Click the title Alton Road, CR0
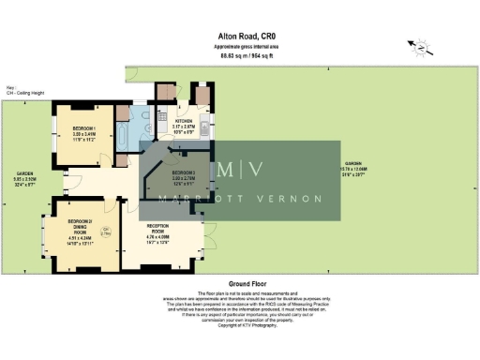click(x=252, y=37)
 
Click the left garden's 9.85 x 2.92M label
click(x=23, y=182)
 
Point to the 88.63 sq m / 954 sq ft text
click(x=252, y=56)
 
